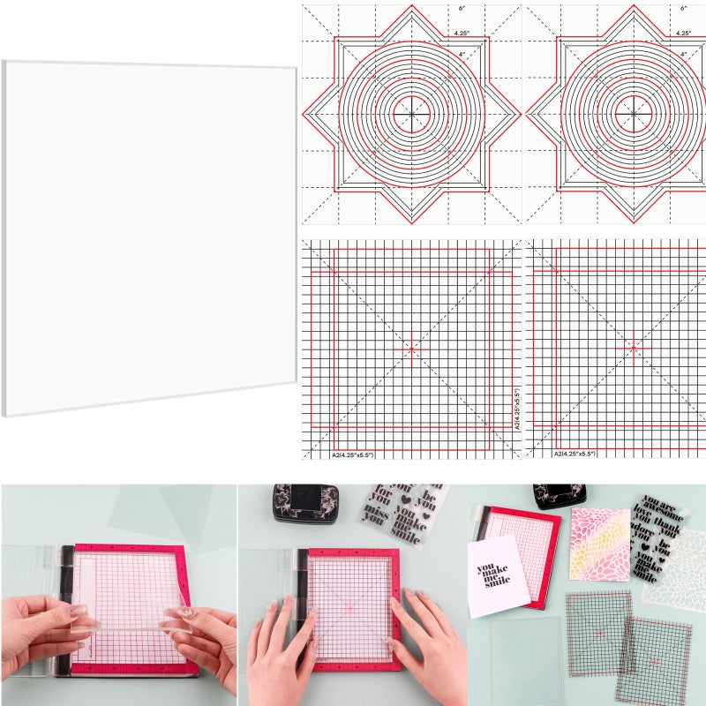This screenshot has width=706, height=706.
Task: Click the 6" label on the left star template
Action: [x=462, y=8]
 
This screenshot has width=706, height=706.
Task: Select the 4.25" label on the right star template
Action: [x=683, y=33]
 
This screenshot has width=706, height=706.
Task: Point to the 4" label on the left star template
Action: [x=462, y=54]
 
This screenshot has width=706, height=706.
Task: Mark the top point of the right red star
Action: [x=634, y=10]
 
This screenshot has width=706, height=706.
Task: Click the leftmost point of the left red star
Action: [x=304, y=115]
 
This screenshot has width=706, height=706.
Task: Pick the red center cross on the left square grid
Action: [x=411, y=349]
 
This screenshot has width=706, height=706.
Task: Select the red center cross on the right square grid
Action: [x=633, y=347]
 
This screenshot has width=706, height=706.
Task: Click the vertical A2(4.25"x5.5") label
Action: [x=517, y=410]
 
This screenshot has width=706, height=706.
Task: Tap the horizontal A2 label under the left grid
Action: [x=353, y=454]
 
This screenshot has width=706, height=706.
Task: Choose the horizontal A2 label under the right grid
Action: [x=575, y=454]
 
